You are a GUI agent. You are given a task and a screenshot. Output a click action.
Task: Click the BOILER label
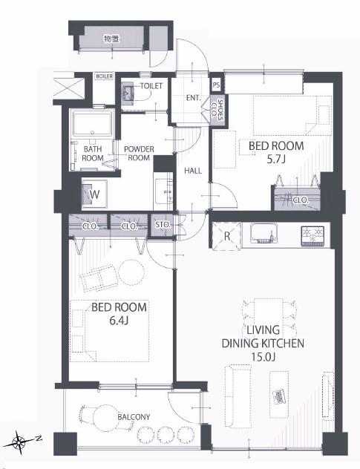pyautogui.click(x=104, y=76)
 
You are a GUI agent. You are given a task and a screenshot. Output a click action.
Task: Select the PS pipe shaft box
pyautogui.click(x=216, y=85)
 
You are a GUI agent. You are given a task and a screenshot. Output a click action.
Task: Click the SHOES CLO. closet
pyautogui.click(x=217, y=110)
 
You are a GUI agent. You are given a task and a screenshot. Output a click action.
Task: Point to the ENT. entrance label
pyautogui.click(x=193, y=97)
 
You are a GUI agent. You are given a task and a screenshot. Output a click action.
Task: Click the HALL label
pyautogui.click(x=193, y=171)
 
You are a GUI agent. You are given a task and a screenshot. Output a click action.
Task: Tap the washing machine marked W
pyautogui.click(x=94, y=194)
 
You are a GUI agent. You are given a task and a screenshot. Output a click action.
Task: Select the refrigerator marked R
pyautogui.click(x=227, y=236)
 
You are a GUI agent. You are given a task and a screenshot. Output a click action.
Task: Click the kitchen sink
pyautogui.click(x=264, y=234)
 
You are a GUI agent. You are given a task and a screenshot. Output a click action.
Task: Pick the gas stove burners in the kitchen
pyautogui.click(x=312, y=236)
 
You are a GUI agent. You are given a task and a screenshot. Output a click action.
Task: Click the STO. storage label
pyautogui.click(x=163, y=225)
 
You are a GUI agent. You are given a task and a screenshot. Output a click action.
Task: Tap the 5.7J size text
pyautogui.click(x=276, y=160)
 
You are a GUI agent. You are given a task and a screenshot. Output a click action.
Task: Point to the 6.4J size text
pyautogui.click(x=119, y=321)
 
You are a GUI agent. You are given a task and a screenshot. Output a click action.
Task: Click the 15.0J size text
pyautogui.click(x=263, y=357)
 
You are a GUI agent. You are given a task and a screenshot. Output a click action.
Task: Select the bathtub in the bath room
pyautogui.click(x=93, y=123)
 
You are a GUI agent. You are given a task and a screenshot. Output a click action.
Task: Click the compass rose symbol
pyautogui.click(x=21, y=441)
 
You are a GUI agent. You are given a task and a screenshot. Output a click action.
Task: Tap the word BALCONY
pyautogui.click(x=134, y=417)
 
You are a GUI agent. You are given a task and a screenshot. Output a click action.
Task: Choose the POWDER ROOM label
pyautogui.click(x=139, y=153)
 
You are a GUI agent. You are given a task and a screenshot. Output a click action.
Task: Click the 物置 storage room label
pyautogui.click(x=111, y=39)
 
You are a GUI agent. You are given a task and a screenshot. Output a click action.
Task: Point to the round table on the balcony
pyautogui.click(x=105, y=418)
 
